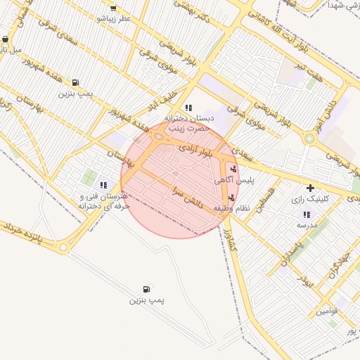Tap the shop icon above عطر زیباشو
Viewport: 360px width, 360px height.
(113, 8)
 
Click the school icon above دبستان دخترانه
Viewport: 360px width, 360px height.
(188, 108)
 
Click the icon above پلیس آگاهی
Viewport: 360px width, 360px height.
(233, 169)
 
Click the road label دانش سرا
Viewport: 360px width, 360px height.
(187, 195)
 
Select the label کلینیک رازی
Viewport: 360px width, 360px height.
(311, 200)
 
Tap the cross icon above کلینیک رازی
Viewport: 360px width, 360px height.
(310, 188)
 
